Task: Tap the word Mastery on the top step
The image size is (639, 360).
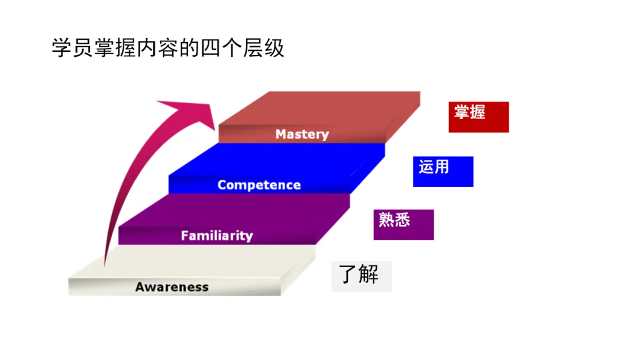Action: pyautogui.click(x=302, y=134)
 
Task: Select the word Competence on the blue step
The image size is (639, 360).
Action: pyautogui.click(x=259, y=185)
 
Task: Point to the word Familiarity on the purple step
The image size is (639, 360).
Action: pyautogui.click(x=217, y=236)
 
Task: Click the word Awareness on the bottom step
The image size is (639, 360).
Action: pyautogui.click(x=172, y=287)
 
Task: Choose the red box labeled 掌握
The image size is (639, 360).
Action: pyautogui.click(x=479, y=117)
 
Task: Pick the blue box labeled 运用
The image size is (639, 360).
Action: pyautogui.click(x=443, y=172)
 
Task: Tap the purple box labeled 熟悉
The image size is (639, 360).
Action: pyautogui.click(x=404, y=224)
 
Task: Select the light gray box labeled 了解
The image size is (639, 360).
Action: pyautogui.click(x=362, y=276)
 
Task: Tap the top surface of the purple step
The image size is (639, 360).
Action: pyautogui.click(x=237, y=210)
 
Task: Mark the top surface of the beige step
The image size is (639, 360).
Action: pyautogui.click(x=195, y=262)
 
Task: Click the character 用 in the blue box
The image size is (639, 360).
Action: pyautogui.click(x=441, y=167)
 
